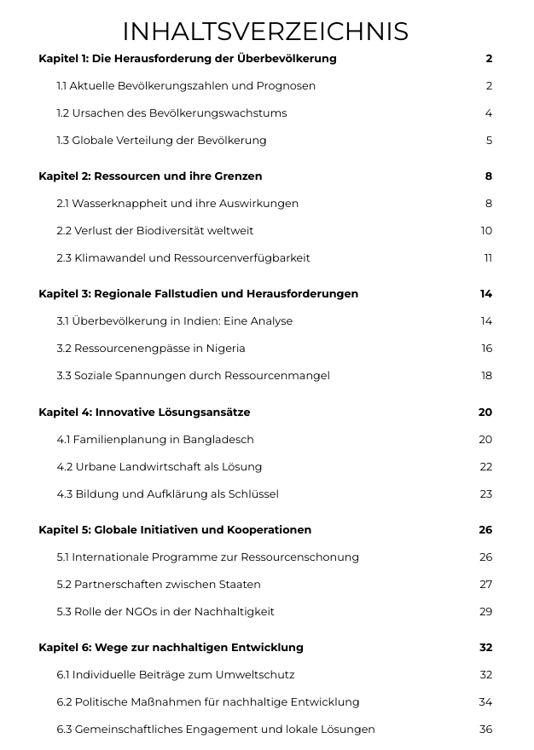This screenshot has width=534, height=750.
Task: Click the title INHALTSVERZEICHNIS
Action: (x=265, y=32)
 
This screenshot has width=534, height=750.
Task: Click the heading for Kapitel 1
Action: (x=188, y=59)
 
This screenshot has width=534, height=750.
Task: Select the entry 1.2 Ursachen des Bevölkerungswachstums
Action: (x=171, y=113)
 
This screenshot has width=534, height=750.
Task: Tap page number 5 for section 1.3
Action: (x=489, y=141)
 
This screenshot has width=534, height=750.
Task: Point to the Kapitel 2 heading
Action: (x=150, y=176)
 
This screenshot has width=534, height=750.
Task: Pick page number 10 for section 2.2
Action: (x=486, y=231)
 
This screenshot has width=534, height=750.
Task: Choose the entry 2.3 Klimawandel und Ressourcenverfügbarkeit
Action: (x=183, y=258)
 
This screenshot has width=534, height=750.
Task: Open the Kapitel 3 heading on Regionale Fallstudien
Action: (x=198, y=294)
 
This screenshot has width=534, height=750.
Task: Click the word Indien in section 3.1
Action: (x=202, y=321)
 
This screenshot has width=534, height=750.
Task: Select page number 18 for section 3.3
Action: (x=486, y=376)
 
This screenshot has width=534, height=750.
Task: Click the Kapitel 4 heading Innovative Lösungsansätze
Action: (x=144, y=412)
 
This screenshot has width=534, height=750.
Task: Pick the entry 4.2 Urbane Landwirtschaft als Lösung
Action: (x=160, y=467)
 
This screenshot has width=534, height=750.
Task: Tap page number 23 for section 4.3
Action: (x=486, y=494)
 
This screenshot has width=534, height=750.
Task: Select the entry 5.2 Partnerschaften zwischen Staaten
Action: (x=159, y=585)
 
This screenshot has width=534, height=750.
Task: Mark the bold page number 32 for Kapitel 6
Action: (x=485, y=648)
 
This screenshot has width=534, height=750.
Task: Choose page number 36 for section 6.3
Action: (x=486, y=730)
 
